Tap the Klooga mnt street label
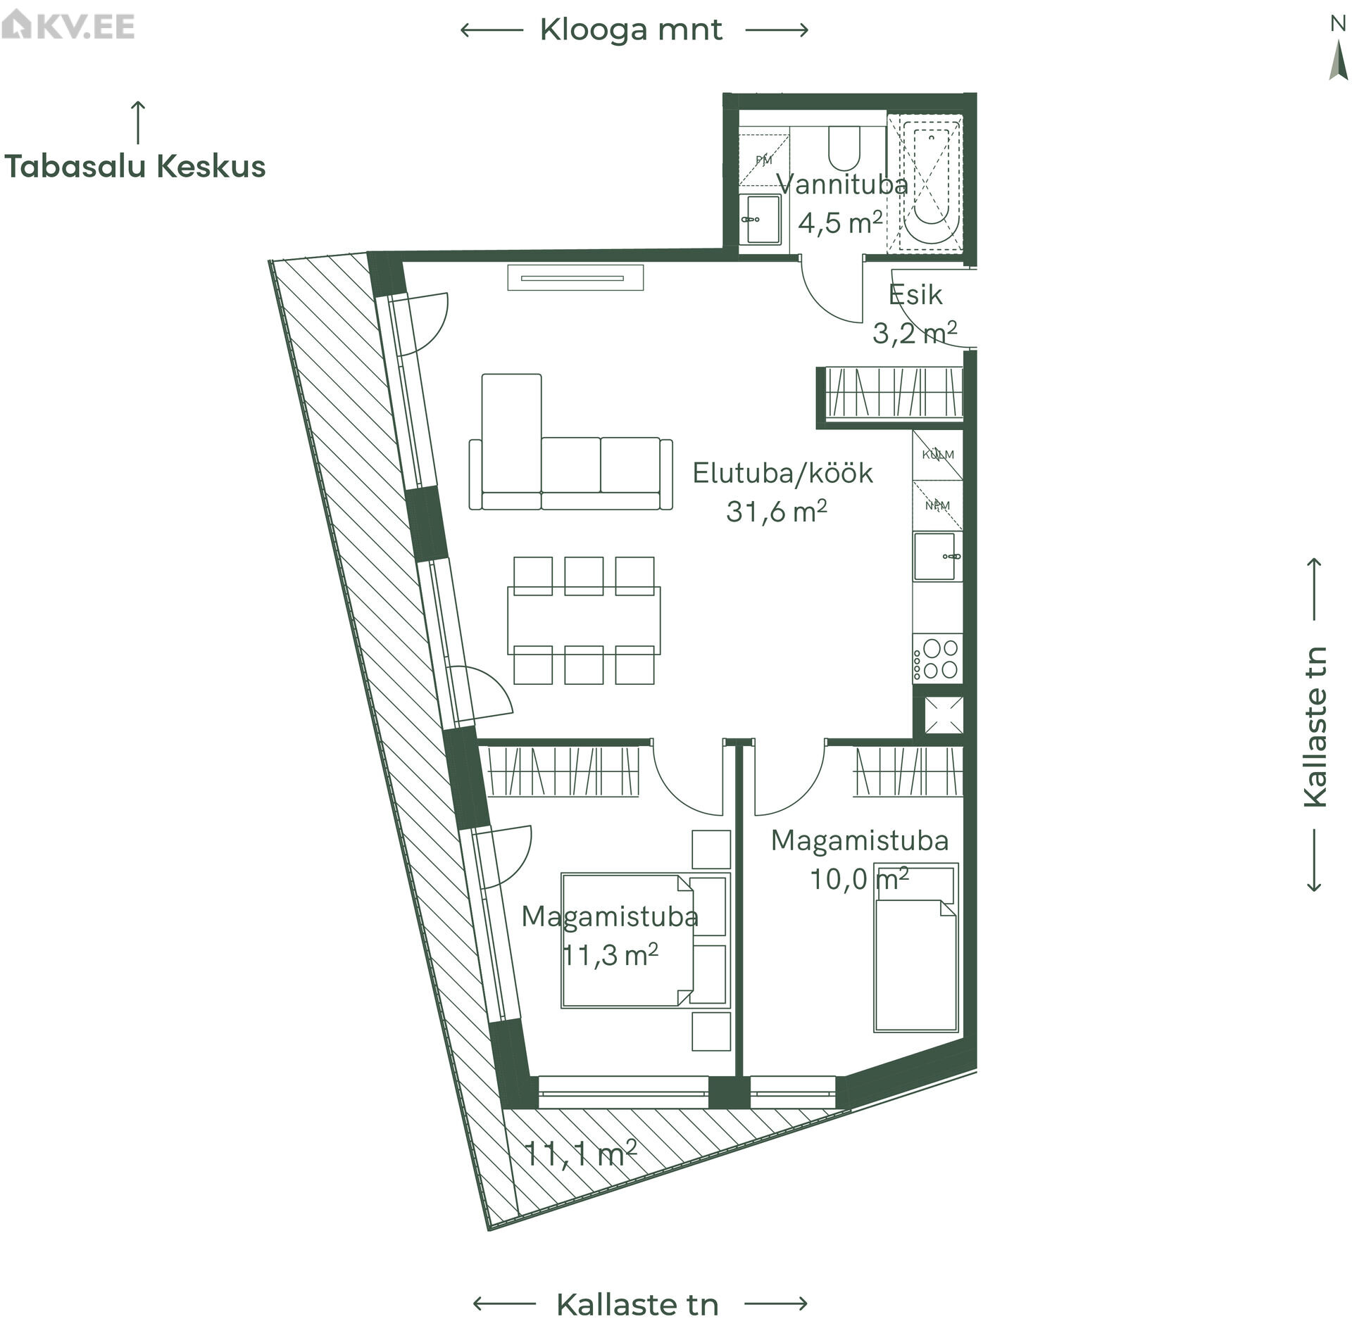coord(631,30)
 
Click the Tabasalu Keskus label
coord(135,167)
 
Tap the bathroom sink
coord(760,220)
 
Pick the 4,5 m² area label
coord(840,223)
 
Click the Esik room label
coord(915,295)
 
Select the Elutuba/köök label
coord(782,473)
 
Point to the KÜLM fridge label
coord(938,455)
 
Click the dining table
coord(584,620)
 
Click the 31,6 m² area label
coord(776,512)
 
